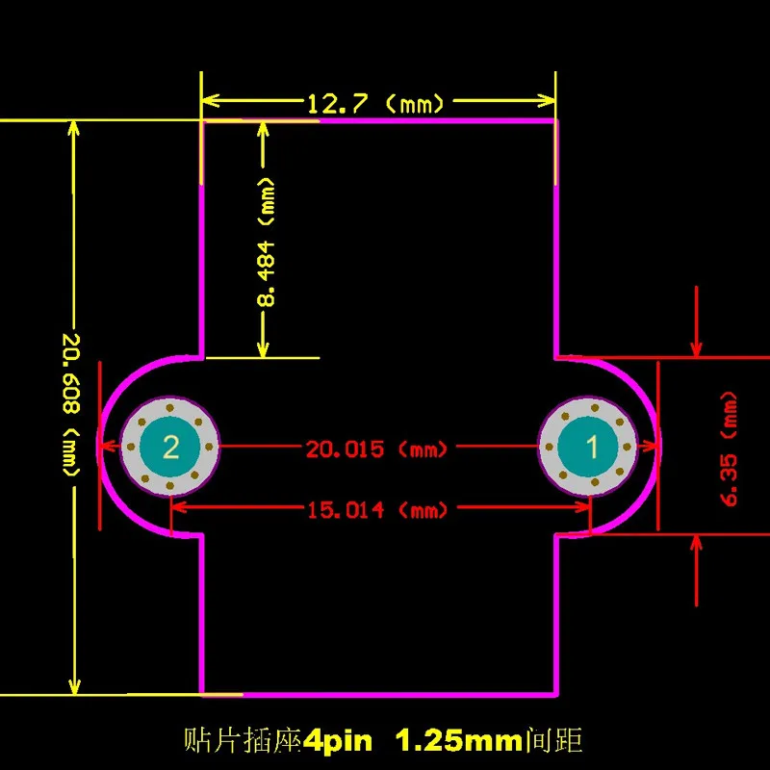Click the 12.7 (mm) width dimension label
(x=375, y=104)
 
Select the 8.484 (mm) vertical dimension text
(x=267, y=243)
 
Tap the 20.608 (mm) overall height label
(x=71, y=405)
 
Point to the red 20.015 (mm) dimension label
(x=376, y=449)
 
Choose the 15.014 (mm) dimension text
(x=377, y=510)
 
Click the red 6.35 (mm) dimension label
(x=730, y=449)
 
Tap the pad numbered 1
(x=588, y=447)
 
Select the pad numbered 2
(x=170, y=447)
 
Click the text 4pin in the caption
(x=338, y=740)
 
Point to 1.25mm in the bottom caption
(x=459, y=740)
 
